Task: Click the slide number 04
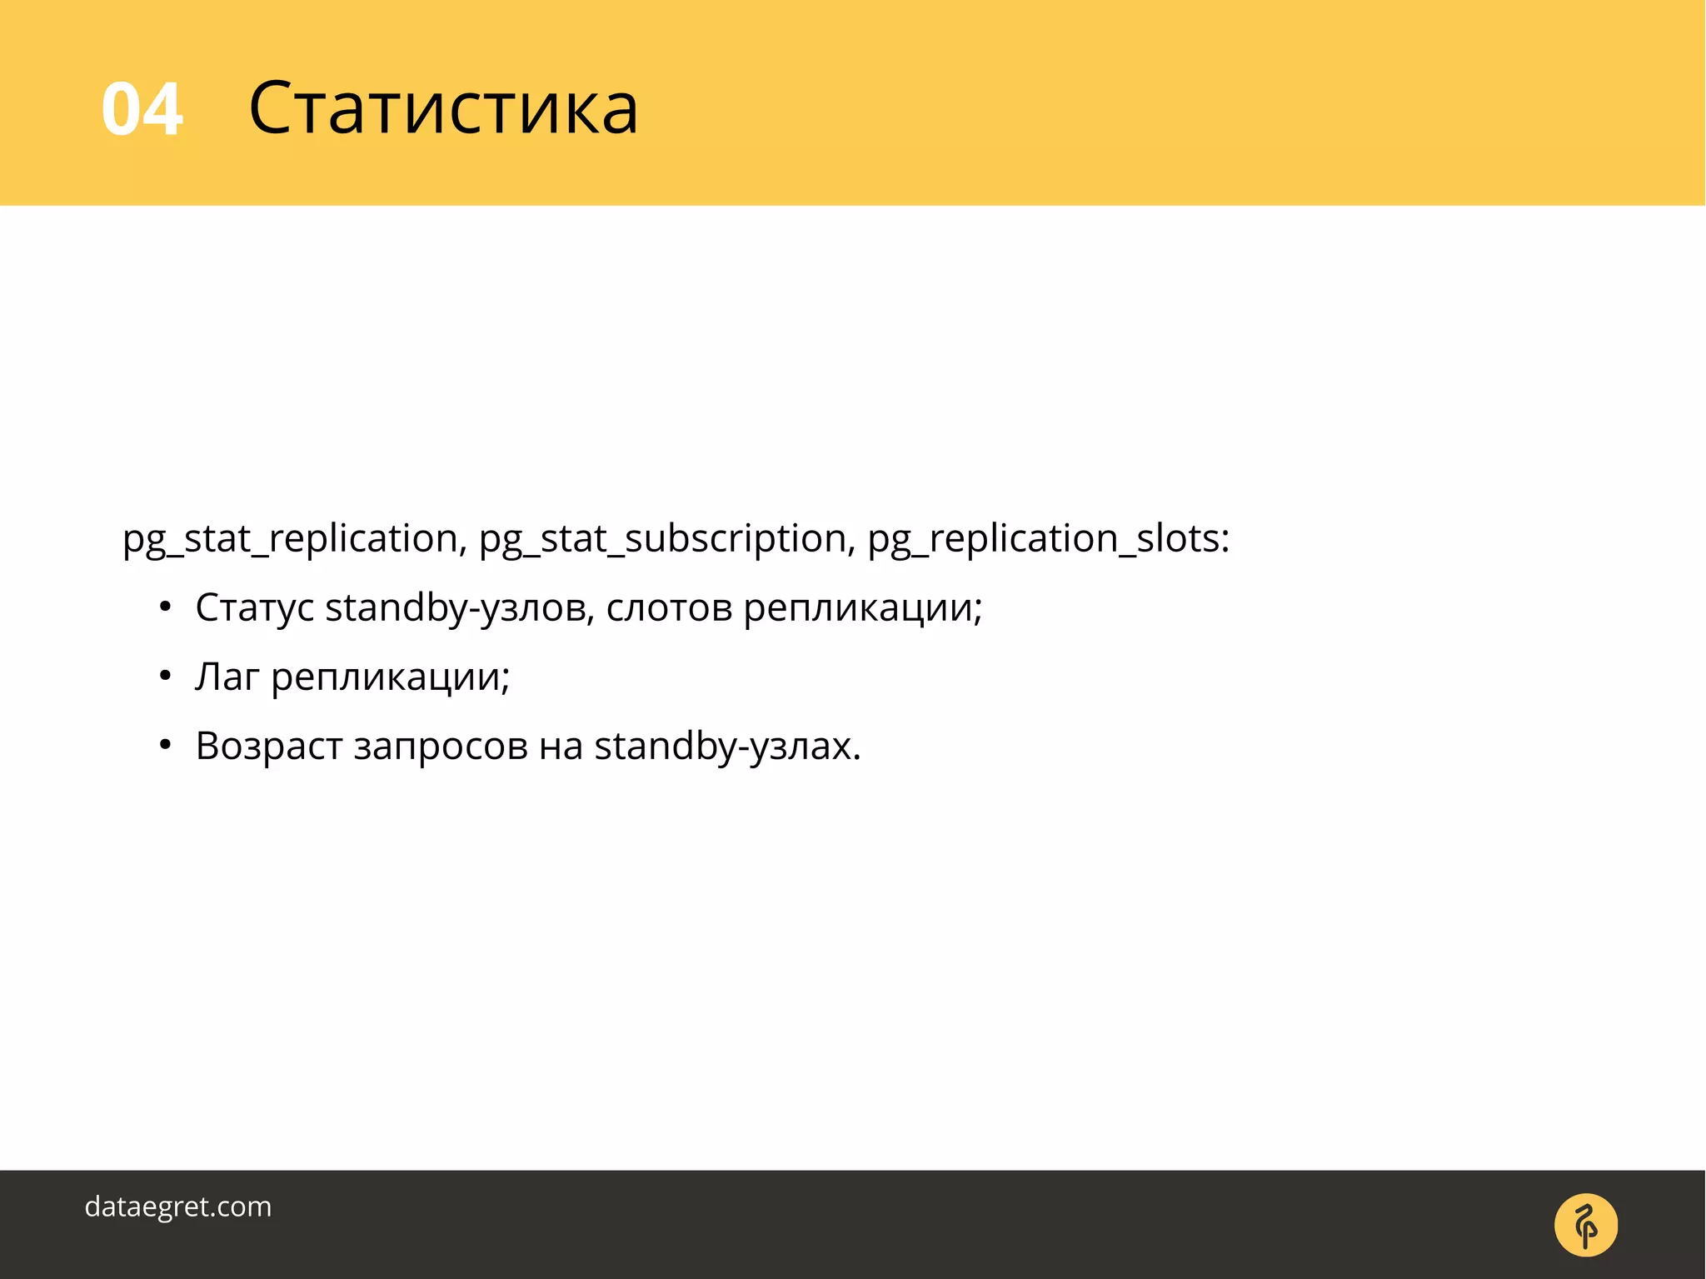click(142, 109)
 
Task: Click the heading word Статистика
click(443, 107)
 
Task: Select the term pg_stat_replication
click(290, 539)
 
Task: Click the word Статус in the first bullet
click(255, 607)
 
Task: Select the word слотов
click(669, 607)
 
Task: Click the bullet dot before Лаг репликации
click(165, 676)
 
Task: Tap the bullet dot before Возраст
click(165, 745)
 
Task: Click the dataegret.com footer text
click(178, 1207)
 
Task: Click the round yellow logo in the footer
click(1586, 1225)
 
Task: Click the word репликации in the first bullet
click(862, 609)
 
